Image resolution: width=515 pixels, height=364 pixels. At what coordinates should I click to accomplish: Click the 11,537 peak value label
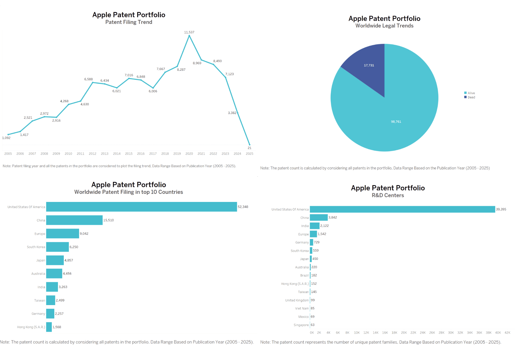coord(189,32)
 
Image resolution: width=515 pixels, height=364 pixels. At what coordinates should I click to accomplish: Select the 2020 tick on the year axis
coord(189,154)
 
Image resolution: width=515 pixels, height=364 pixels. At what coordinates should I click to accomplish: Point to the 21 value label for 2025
coord(249,148)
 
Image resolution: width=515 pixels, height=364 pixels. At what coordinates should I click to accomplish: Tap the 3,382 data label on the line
coord(232,113)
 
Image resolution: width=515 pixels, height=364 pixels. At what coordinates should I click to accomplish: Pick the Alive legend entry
coord(471,93)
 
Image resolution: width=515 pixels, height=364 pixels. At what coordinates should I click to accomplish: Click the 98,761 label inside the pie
coord(396,122)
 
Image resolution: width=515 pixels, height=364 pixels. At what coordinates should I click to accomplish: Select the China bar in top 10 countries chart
coord(74,220)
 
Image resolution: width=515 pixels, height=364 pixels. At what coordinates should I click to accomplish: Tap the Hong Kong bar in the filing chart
coord(49,327)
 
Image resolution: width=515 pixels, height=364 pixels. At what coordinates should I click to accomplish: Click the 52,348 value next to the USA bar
coord(243,207)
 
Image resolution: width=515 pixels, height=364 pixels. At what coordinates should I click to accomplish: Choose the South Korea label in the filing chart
coord(36,247)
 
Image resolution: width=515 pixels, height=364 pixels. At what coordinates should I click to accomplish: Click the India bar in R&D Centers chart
coord(314,226)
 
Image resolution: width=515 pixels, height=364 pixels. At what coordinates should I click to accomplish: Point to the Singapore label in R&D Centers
coord(301,325)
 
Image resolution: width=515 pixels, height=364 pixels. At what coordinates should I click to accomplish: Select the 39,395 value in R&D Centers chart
coord(501,209)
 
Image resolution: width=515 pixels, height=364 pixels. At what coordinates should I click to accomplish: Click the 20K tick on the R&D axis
coord(404,333)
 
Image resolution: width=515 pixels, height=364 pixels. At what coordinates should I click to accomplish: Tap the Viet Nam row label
coord(302,308)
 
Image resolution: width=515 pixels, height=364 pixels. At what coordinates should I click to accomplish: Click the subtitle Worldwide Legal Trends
coord(384,26)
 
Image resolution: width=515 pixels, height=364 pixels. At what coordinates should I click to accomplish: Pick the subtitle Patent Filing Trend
coord(128,22)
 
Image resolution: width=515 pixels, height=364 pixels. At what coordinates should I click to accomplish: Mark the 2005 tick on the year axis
coord(8,154)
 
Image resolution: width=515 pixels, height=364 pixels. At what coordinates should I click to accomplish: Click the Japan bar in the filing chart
coord(55,260)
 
